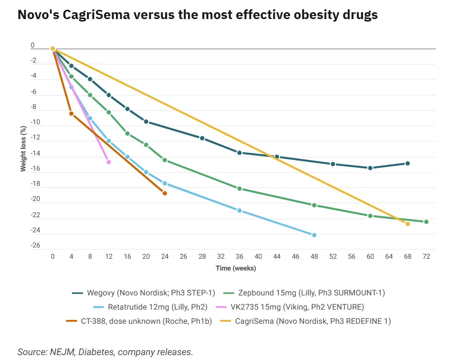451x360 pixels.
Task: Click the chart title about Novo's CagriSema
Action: coord(198,15)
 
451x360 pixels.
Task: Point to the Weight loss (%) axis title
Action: coord(23,149)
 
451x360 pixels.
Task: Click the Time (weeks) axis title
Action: coord(236,269)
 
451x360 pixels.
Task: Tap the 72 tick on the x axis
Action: coord(426,256)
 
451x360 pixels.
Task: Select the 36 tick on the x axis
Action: coord(239,256)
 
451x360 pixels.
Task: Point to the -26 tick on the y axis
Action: coord(35,245)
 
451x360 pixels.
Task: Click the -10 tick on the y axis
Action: coord(35,122)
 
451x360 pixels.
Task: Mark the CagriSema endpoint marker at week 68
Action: coord(407,224)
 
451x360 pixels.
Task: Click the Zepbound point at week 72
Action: coord(426,222)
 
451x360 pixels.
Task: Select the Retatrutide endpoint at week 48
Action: coord(314,235)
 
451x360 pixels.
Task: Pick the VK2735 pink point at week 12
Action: coord(109,162)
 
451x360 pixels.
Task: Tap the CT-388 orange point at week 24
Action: coord(164,193)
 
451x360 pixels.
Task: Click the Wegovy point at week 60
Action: coord(370,168)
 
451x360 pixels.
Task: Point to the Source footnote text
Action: coord(105,352)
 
